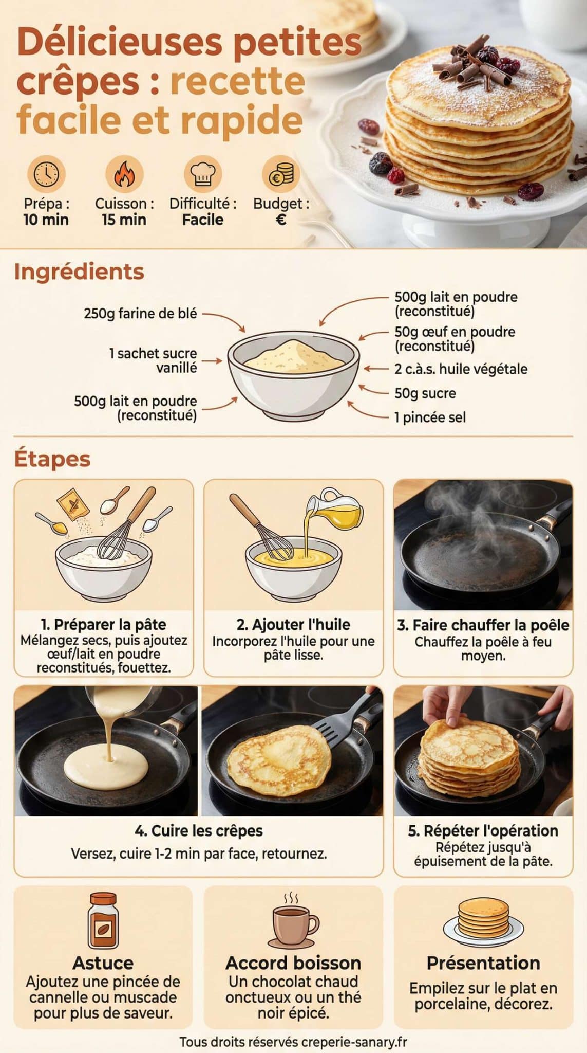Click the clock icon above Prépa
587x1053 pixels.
click(46, 174)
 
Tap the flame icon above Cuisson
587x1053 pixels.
click(124, 174)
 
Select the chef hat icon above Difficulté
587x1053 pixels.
click(202, 174)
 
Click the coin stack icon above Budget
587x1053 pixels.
click(281, 174)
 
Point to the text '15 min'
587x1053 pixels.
click(124, 220)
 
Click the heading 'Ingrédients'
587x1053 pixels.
click(79, 271)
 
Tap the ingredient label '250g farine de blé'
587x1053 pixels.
click(140, 313)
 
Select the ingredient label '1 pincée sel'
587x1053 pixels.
click(430, 417)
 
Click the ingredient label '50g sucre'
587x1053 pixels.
click(425, 393)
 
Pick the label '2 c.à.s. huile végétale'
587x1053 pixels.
click(461, 369)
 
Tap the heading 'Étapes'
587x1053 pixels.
click(52, 459)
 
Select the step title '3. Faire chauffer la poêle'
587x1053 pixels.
click(483, 625)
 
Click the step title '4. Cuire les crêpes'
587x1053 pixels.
click(199, 830)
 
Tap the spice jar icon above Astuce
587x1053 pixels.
click(103, 922)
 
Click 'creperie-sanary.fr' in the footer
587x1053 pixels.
click(354, 1042)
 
